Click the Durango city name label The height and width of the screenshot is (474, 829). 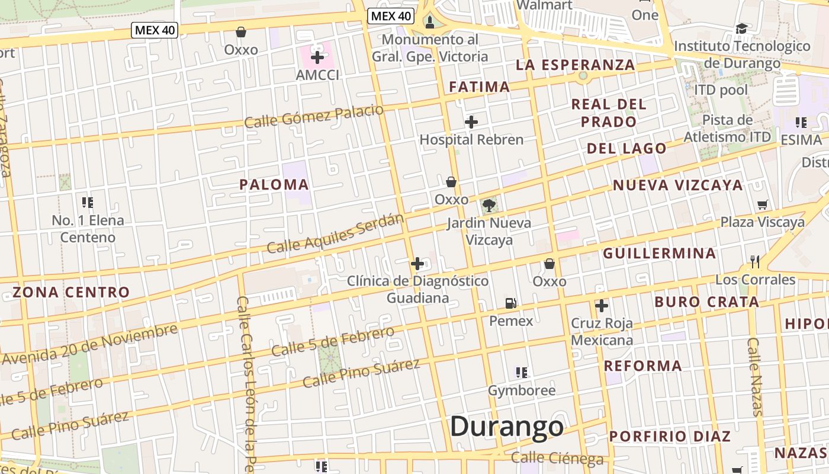pos(507,427)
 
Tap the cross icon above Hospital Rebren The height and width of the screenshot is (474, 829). pos(471,122)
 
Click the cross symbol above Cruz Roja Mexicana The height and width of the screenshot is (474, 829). pos(602,306)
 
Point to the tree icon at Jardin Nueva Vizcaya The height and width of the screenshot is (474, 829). pos(489,206)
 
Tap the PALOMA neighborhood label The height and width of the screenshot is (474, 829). pos(274,184)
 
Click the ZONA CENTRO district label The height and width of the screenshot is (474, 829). pos(71,292)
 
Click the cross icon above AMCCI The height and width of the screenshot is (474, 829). pos(317,57)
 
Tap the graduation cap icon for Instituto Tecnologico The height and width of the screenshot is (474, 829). pos(741,28)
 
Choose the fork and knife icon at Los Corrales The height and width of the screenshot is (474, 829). pos(755,261)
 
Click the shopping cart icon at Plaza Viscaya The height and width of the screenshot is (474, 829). pos(763,204)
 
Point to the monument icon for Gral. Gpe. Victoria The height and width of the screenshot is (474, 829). pos(430,23)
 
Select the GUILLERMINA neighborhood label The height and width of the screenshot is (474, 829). pos(660,254)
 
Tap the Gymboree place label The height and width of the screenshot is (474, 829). pos(522,390)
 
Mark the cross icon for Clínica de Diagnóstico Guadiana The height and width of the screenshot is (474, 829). pos(417,264)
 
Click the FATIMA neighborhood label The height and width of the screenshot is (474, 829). pos(479,87)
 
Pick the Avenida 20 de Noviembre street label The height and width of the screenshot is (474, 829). pos(89,344)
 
